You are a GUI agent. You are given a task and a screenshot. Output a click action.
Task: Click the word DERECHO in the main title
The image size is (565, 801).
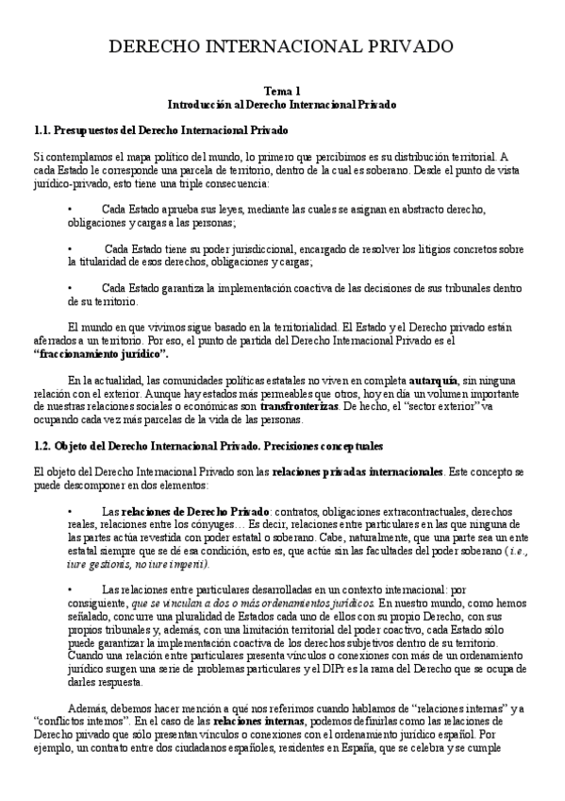click(152, 46)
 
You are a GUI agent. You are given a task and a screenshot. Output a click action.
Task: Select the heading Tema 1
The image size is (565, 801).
click(282, 90)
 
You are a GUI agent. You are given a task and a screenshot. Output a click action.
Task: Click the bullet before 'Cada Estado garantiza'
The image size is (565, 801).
click(71, 288)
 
